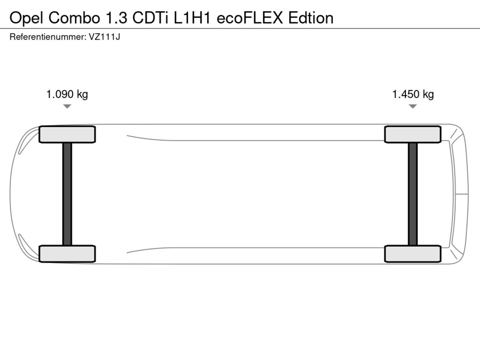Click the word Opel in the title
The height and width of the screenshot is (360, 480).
26,18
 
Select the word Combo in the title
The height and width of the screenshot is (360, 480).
74,18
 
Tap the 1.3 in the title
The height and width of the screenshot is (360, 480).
117,18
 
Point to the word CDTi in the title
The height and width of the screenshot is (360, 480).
150,18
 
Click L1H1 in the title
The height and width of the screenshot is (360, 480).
192,18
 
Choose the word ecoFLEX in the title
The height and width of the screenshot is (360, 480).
249,18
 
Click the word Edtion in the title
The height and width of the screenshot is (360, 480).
311,18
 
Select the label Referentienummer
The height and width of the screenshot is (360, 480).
48,37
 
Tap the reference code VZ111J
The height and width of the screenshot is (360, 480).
105,37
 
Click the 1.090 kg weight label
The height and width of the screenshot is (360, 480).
67,94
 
